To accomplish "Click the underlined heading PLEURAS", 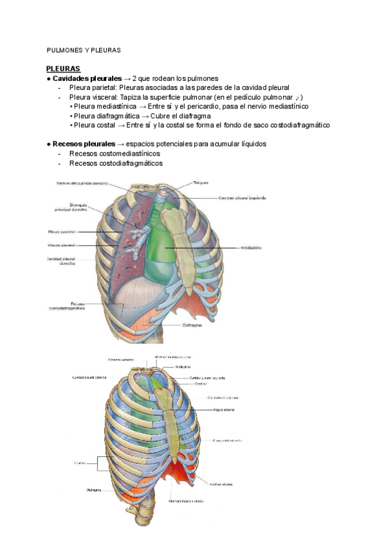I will coord(63,69).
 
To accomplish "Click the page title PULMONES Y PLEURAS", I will coord(84,50).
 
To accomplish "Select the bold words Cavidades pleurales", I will coord(87,78).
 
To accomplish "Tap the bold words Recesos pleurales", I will coord(84,144).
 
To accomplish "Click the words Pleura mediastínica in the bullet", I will coord(107,106).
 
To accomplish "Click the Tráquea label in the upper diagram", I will coord(201,183).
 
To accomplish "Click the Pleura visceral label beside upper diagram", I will coord(62,245).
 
